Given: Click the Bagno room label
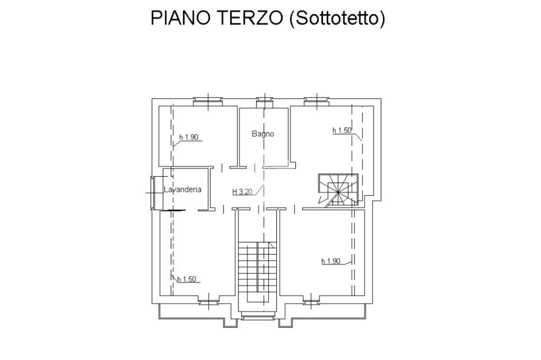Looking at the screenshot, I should pyautogui.click(x=263, y=134).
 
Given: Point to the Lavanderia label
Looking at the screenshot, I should pyautogui.click(x=182, y=190).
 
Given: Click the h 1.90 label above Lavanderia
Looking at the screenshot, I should pyautogui.click(x=189, y=137).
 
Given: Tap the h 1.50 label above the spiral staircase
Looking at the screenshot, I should pyautogui.click(x=342, y=130).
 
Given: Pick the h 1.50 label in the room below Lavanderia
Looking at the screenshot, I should pyautogui.click(x=186, y=279).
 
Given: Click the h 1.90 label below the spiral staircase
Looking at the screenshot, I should pyautogui.click(x=331, y=261).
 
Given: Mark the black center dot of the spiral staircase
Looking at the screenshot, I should pyautogui.click(x=338, y=192).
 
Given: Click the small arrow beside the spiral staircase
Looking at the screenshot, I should pyautogui.click(x=320, y=200).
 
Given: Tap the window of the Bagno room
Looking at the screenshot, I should pyautogui.click(x=263, y=101).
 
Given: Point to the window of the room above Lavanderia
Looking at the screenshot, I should pyautogui.click(x=208, y=101).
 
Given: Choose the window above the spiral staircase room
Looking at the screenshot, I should pyautogui.click(x=318, y=101).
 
